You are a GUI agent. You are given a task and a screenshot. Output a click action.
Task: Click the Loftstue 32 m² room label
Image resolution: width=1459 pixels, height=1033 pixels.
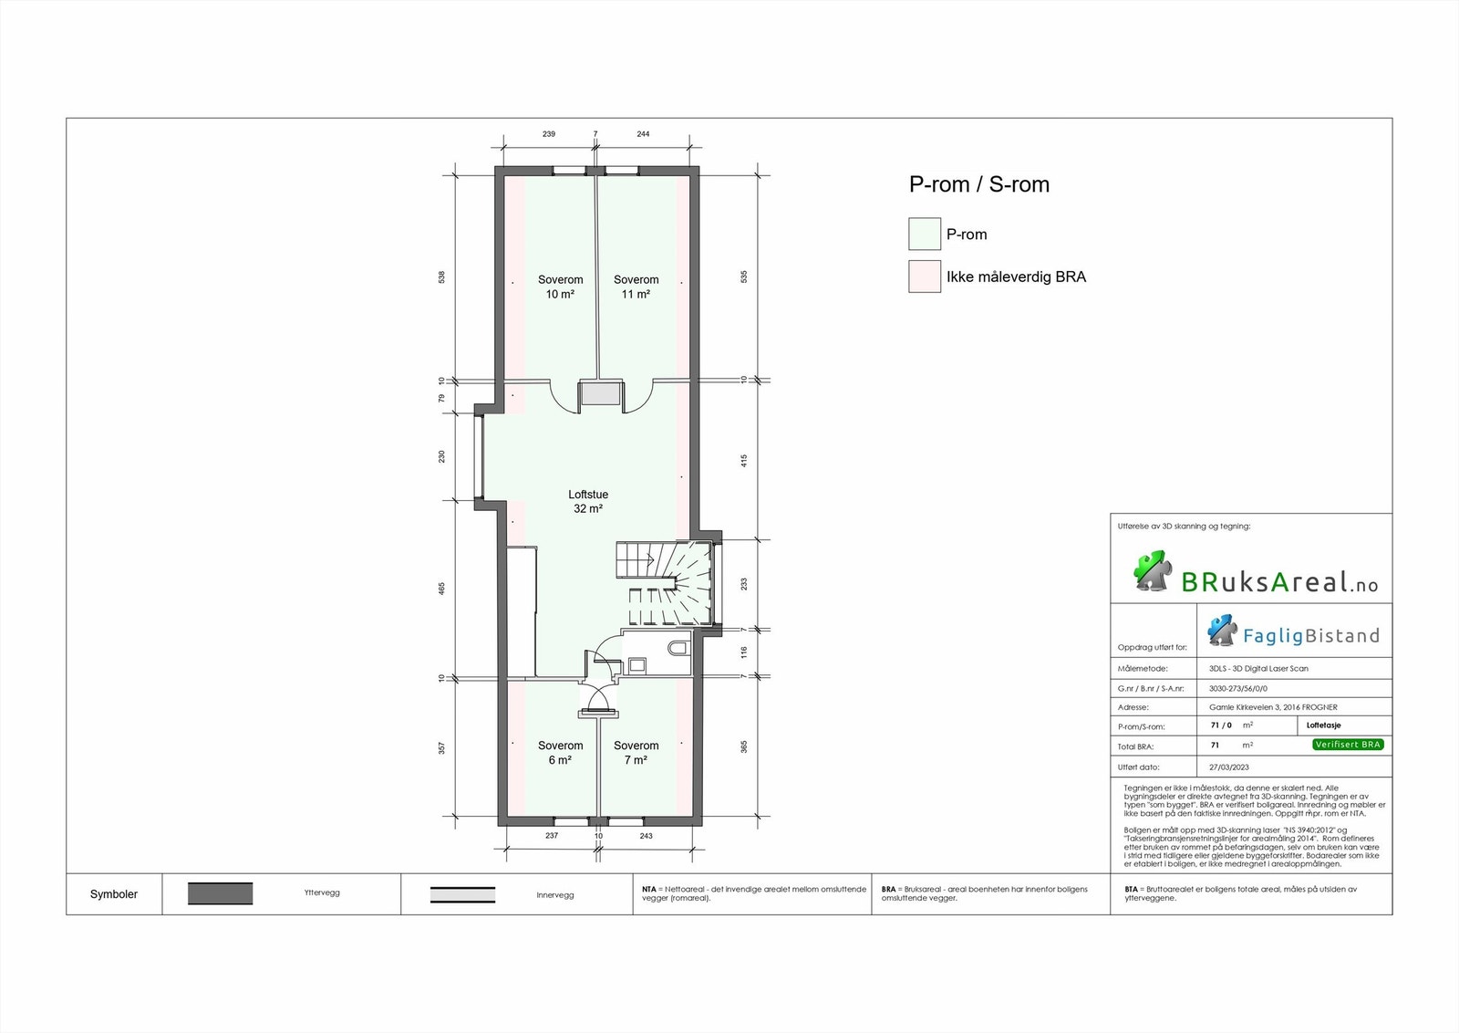[588, 501]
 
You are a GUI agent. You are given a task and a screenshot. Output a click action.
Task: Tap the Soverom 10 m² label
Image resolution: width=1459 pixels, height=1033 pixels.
[560, 287]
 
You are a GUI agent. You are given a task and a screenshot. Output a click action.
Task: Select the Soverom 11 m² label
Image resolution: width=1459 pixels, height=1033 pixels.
[636, 287]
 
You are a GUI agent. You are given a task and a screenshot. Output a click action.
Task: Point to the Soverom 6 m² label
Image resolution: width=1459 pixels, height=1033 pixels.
[560, 752]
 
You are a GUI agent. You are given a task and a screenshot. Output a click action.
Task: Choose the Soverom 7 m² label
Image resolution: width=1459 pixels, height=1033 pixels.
[636, 752]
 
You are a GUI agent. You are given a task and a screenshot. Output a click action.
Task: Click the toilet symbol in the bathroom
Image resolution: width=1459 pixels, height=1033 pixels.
[678, 648]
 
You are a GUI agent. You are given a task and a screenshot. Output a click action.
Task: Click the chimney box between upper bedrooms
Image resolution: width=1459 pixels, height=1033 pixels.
[601, 394]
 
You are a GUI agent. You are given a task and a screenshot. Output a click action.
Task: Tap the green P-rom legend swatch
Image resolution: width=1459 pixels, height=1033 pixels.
[924, 234]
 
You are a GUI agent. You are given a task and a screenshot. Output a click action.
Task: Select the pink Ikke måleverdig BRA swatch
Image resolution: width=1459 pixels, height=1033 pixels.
[924, 277]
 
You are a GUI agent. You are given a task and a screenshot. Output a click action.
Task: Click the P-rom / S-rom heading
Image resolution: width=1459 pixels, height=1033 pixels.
[978, 184]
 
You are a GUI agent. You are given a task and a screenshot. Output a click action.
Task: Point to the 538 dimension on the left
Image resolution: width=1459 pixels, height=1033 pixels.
[442, 276]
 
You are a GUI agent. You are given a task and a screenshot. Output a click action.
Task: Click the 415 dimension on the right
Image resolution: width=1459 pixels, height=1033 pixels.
[744, 461]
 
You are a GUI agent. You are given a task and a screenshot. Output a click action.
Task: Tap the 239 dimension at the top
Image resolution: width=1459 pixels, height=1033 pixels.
[549, 134]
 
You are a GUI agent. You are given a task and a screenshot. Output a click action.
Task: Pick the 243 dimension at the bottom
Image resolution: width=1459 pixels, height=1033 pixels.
[646, 836]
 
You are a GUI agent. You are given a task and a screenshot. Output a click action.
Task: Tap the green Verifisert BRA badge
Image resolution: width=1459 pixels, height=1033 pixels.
[1348, 745]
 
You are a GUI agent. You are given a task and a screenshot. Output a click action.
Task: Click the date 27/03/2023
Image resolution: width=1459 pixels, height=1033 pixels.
[1229, 767]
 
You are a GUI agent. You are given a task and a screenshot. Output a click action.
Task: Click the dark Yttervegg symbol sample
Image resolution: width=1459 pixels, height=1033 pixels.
[220, 893]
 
